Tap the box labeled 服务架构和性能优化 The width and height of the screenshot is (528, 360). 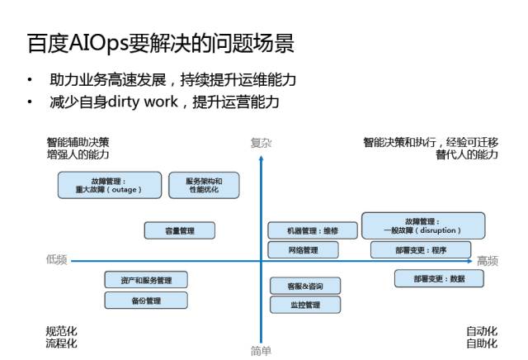[204, 185]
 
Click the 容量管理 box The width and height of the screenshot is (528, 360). [180, 230]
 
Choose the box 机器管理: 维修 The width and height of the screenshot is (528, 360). [303, 230]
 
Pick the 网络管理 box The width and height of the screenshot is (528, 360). [303, 249]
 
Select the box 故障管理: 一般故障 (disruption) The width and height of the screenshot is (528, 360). [423, 225]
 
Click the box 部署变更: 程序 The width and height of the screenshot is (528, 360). [421, 249]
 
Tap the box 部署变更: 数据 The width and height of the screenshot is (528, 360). [439, 278]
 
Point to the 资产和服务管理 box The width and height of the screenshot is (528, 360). [146, 280]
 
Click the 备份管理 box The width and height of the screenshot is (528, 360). [146, 300]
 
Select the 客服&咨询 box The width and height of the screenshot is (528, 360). [305, 286]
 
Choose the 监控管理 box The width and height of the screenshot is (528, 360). [305, 305]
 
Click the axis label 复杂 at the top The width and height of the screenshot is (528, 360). [261, 143]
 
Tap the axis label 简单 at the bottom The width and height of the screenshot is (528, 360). [261, 351]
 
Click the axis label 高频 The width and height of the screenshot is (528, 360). [488, 261]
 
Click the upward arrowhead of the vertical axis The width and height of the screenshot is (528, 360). [261, 158]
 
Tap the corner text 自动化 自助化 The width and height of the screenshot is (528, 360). [482, 338]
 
